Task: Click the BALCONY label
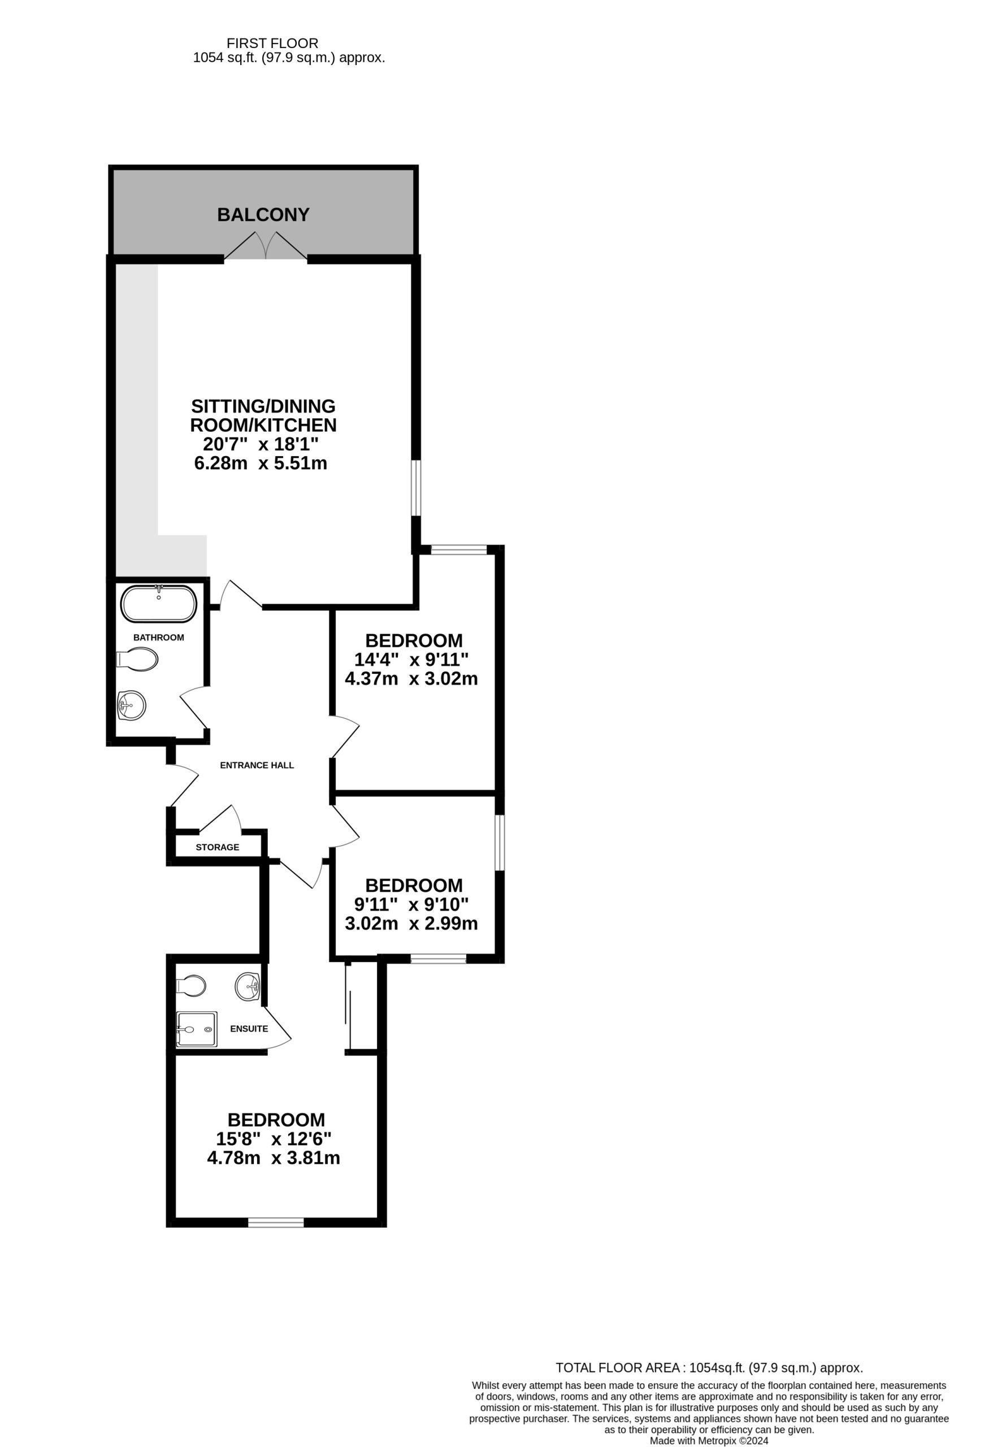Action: coord(263,215)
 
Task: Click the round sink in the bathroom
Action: coord(132,705)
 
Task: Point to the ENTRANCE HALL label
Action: coord(257,765)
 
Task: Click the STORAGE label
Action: coord(217,847)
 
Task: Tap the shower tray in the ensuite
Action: coord(197,1029)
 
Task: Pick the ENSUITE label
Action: coord(249,1029)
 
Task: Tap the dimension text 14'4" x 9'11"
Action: coord(411,660)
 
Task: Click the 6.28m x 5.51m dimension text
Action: coord(261,463)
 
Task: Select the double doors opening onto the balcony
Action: coord(266,246)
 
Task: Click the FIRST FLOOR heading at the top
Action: coord(272,43)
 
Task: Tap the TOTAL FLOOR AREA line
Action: coord(709,1368)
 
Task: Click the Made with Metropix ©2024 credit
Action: coord(709,1441)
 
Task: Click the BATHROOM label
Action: coord(159,638)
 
